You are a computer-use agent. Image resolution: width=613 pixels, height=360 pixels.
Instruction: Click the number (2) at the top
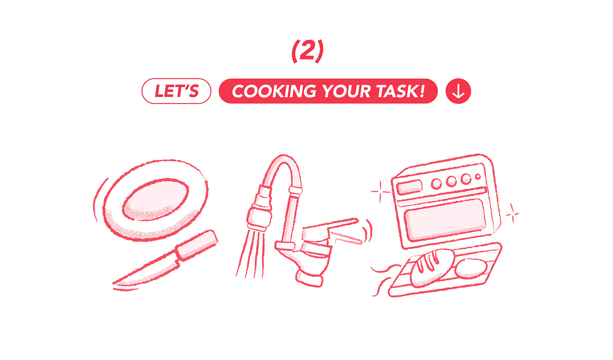tap(307, 52)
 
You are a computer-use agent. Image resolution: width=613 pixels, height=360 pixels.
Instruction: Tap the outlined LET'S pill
tap(176, 92)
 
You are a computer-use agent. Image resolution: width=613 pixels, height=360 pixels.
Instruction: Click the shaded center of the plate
tap(156, 200)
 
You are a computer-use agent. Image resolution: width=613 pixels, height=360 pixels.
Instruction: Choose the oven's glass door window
tap(445, 218)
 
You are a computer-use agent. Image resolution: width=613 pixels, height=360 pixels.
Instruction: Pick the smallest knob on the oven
tap(478, 177)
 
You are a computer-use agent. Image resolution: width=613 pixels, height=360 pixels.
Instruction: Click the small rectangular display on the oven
tap(408, 187)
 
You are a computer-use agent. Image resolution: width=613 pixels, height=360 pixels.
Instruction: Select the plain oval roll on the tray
tap(471, 268)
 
